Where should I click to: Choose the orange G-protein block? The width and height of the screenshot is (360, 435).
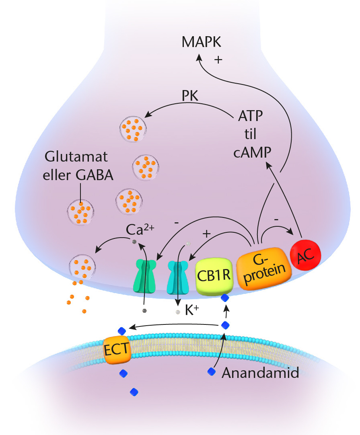(263, 266)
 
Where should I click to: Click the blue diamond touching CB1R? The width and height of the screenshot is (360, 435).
(225, 298)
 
